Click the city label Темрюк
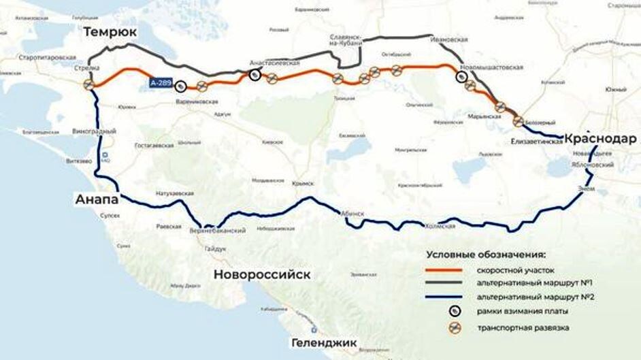(110, 33)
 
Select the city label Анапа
(97, 199)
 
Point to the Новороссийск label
(262, 274)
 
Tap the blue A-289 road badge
(161, 82)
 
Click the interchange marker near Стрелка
(88, 85)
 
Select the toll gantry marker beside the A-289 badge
(180, 86)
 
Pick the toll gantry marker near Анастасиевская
(254, 75)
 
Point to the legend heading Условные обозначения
(486, 255)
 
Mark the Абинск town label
(353, 214)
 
